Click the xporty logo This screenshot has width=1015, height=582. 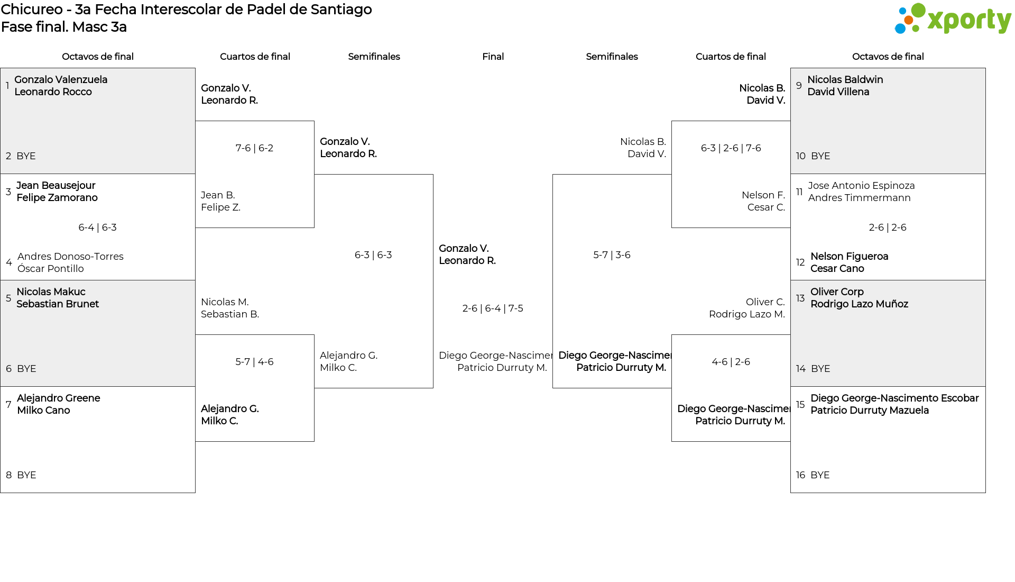pyautogui.click(x=953, y=19)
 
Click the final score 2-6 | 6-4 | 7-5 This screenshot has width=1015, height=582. pyautogui.click(x=493, y=308)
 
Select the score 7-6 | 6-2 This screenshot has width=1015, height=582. pyautogui.click(x=254, y=148)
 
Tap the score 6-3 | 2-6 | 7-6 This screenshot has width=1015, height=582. pyautogui.click(x=731, y=148)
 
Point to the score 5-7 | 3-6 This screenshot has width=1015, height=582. pyautogui.click(x=612, y=255)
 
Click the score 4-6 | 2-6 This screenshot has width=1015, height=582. pyautogui.click(x=731, y=362)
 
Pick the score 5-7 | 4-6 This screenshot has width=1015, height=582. pyautogui.click(x=254, y=362)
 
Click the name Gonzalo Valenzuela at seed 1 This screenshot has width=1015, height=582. pyautogui.click(x=61, y=79)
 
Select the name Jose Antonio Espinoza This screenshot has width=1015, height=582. pyautogui.click(x=861, y=186)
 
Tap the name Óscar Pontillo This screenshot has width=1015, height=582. pyautogui.click(x=51, y=269)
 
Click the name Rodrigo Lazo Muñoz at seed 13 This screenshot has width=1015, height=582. pyautogui.click(x=859, y=304)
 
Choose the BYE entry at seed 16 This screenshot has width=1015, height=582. pyautogui.click(x=820, y=475)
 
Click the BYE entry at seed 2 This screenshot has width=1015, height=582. pyautogui.click(x=26, y=156)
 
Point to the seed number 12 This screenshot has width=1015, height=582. pyautogui.click(x=800, y=262)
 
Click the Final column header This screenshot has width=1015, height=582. pyautogui.click(x=493, y=57)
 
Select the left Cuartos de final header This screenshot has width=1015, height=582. pyautogui.click(x=255, y=57)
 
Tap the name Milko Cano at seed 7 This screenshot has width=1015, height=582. pyautogui.click(x=43, y=411)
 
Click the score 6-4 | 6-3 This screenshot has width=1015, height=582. pyautogui.click(x=97, y=228)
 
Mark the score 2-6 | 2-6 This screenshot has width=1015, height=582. pyautogui.click(x=888, y=228)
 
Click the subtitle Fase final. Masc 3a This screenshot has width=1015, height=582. pyautogui.click(x=64, y=27)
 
